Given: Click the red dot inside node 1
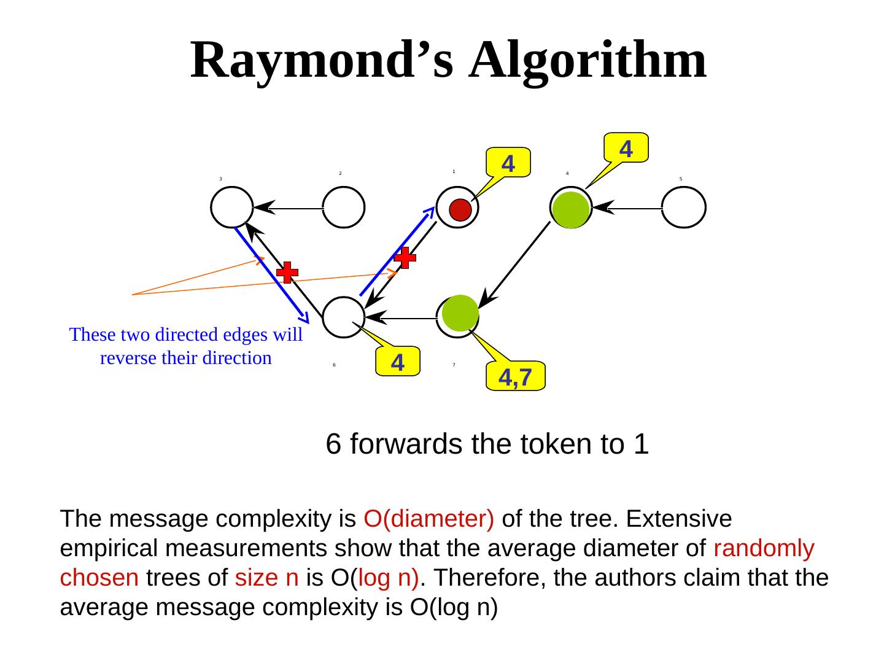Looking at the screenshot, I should [460, 210].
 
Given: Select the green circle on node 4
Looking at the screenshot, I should [571, 209].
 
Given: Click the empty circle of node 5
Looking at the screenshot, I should [684, 207].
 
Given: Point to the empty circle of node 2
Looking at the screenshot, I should [344, 207].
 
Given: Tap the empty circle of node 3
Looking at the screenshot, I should [231, 207].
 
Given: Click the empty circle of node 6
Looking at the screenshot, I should [344, 317].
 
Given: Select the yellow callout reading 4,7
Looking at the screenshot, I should [515, 376].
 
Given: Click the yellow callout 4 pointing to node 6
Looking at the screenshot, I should [397, 362].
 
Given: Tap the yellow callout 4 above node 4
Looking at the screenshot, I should [626, 147].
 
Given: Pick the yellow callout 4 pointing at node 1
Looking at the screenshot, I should [508, 163].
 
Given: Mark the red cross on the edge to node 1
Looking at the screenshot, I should [405, 258].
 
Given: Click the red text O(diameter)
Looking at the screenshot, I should [428, 519].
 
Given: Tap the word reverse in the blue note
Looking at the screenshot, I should [129, 358].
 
